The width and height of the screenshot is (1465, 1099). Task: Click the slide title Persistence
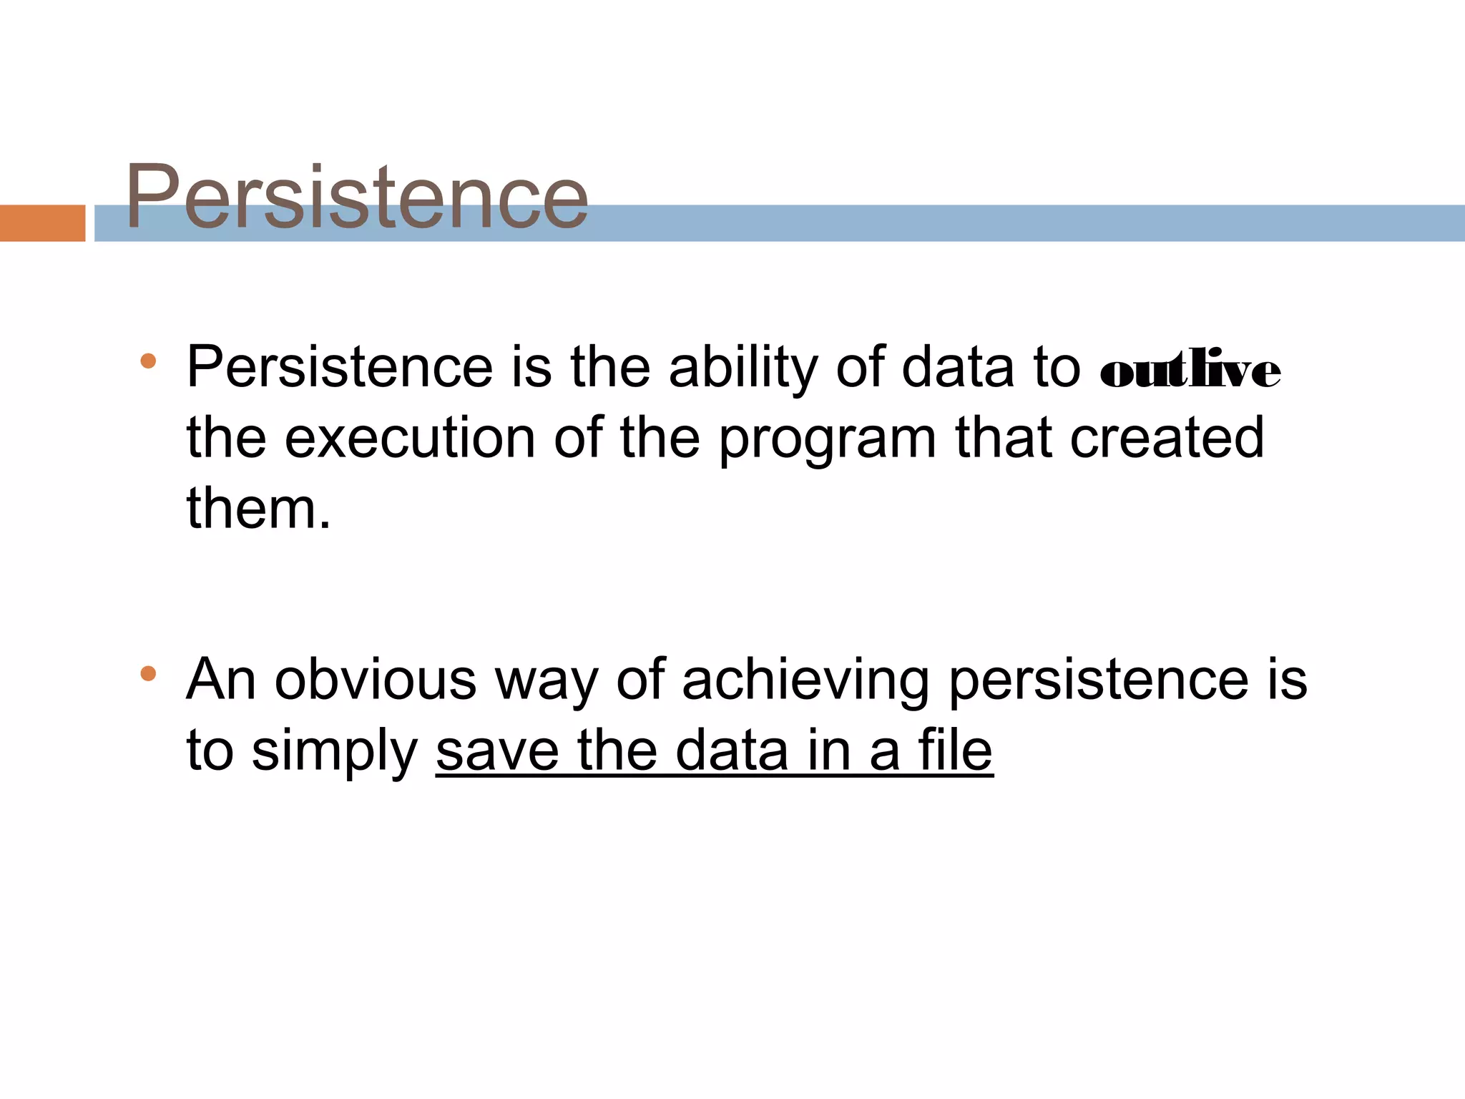356,197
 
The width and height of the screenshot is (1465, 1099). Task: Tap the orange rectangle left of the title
42,223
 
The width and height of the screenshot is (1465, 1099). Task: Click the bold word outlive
1190,370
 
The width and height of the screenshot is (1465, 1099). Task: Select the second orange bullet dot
148,673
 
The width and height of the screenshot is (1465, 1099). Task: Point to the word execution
410,438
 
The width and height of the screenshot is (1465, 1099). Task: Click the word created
1167,438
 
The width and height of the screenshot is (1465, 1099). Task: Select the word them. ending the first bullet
259,508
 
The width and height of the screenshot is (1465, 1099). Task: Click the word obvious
376,679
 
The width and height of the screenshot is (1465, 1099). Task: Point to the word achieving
805,680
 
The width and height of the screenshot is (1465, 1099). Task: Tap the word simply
334,753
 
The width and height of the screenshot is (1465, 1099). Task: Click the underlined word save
496,751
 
